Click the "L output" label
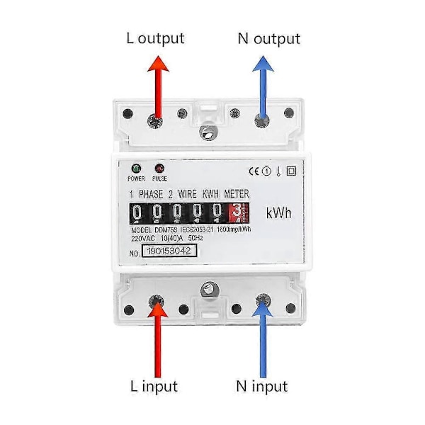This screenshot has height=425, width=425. coord(155,38)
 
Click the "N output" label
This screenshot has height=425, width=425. coord(268,38)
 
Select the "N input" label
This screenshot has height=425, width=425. coord(262,386)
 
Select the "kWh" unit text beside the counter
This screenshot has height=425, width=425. coord(280,213)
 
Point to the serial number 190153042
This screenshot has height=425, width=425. coord(169,250)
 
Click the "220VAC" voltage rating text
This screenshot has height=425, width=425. coord(146,239)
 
